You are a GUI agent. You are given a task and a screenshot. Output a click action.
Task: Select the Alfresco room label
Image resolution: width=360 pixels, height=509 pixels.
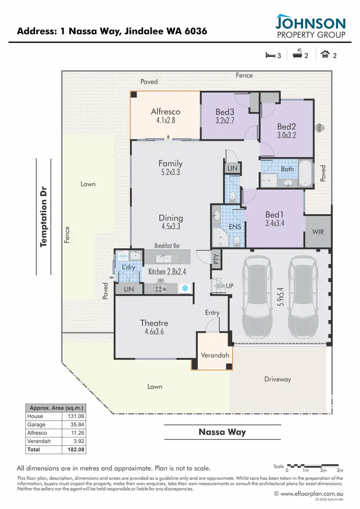(x=166, y=112)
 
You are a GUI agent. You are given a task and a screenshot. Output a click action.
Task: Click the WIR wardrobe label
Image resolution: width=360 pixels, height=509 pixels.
(x=318, y=231)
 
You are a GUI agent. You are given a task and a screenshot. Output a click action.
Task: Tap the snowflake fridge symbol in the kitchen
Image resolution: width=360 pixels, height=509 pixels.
(x=184, y=288)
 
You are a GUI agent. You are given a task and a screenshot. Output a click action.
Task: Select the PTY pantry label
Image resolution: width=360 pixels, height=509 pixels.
(x=216, y=259)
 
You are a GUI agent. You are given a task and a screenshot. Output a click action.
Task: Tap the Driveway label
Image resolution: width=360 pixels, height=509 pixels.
(x=277, y=379)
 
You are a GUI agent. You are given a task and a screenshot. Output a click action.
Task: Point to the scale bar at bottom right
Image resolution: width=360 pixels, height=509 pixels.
(x=313, y=466)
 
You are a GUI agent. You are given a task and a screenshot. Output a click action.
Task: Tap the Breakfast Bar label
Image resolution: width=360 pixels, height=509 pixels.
(x=167, y=245)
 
